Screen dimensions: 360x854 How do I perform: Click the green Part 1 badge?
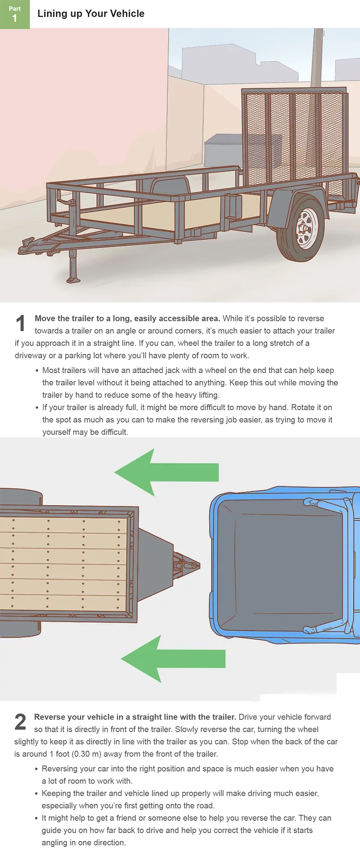coord(15,14)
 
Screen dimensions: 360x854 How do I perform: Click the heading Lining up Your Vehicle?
coord(91,14)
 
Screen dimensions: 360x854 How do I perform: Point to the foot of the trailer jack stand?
coord(74,280)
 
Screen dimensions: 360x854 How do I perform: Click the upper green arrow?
coord(166,472)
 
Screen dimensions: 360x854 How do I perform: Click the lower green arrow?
coord(173,659)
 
